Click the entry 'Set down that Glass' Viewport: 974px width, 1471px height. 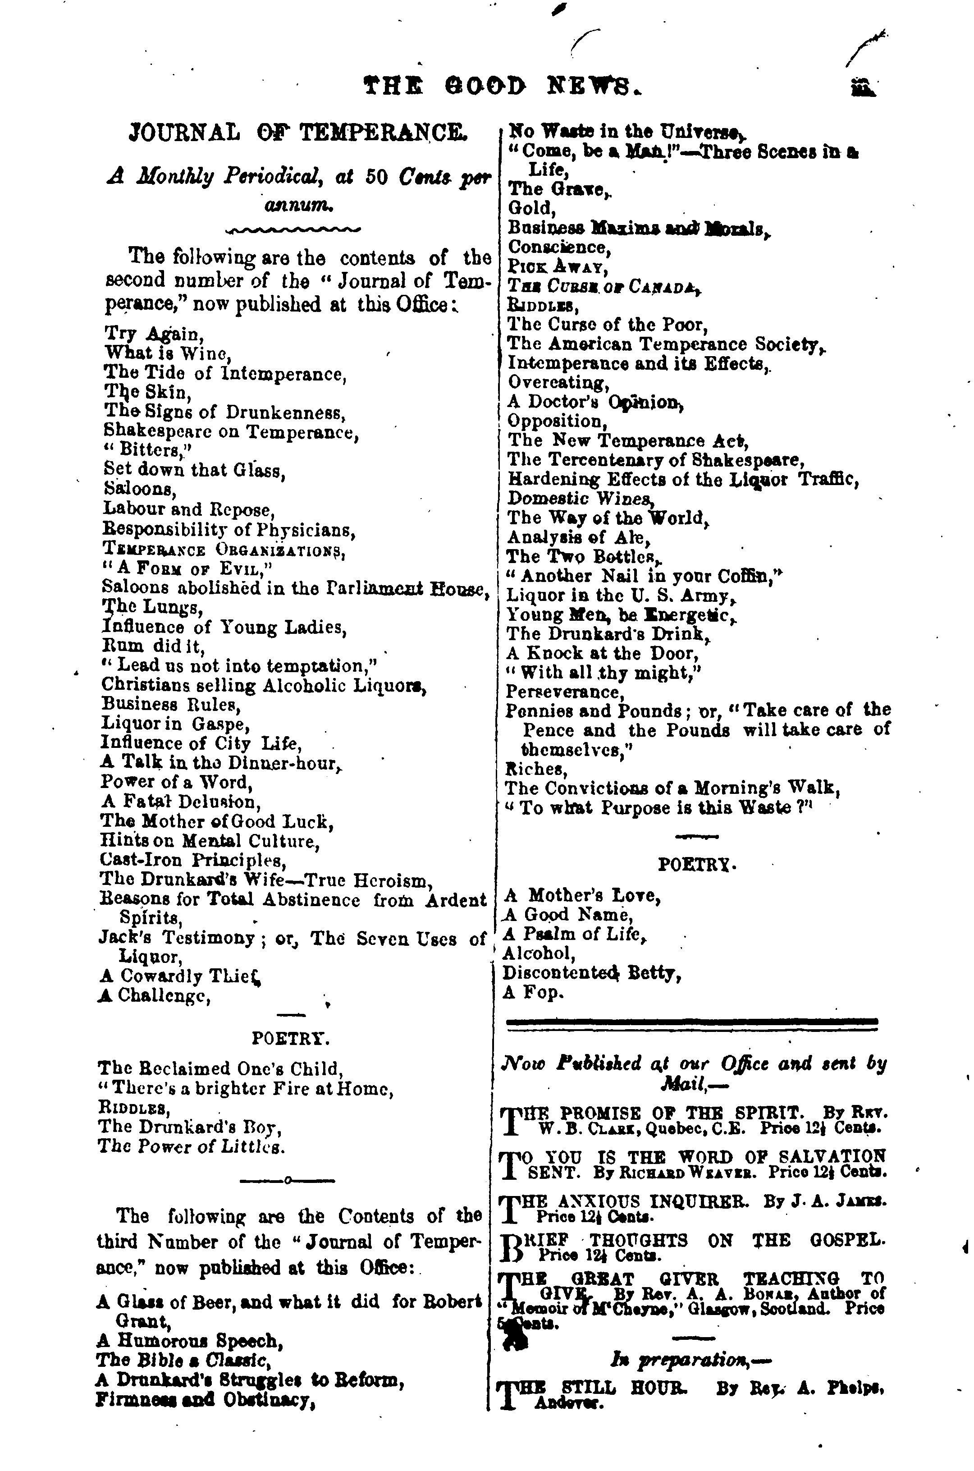194,470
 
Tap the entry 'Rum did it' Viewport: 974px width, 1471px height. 153,646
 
